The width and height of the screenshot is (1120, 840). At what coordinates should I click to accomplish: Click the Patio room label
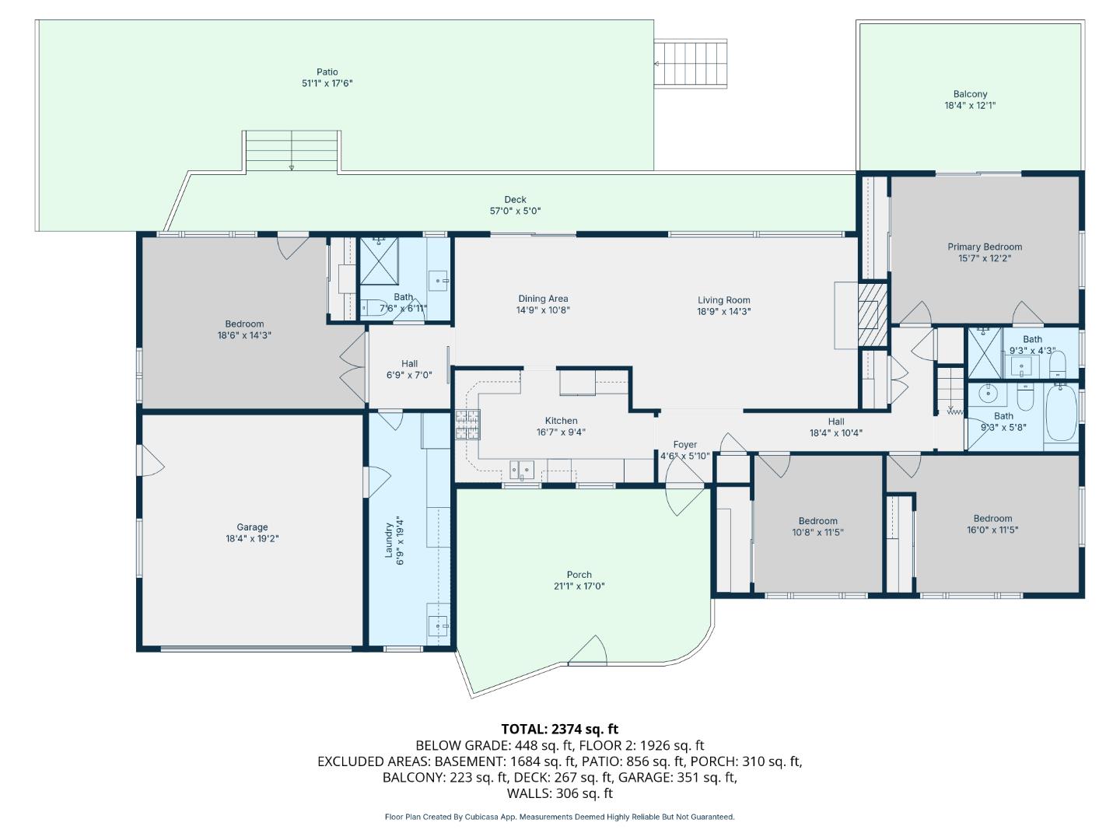[327, 72]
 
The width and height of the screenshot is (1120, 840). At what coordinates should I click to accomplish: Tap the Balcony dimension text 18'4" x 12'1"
[970, 106]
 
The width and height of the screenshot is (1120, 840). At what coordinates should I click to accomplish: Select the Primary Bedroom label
[984, 247]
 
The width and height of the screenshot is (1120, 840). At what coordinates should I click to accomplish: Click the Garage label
[252, 527]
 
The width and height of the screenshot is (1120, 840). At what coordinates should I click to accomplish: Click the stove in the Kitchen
[468, 423]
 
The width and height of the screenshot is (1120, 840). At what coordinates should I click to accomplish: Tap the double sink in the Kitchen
[522, 470]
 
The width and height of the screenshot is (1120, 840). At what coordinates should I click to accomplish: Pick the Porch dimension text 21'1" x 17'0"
[579, 586]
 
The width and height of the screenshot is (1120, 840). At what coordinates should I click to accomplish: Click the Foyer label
[684, 445]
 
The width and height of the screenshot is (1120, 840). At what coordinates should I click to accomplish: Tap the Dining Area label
[543, 299]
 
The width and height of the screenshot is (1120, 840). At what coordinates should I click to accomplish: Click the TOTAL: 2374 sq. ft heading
[559, 729]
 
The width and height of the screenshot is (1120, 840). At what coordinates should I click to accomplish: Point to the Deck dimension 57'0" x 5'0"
[515, 211]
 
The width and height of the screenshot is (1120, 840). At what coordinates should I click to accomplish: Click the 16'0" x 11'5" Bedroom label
[992, 519]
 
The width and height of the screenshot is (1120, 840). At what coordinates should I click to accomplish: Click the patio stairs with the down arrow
[292, 151]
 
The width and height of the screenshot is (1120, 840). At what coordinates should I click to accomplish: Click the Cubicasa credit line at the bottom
[559, 817]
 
